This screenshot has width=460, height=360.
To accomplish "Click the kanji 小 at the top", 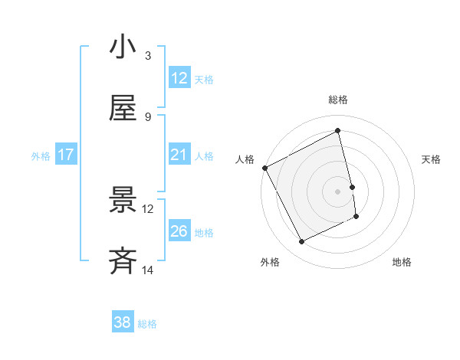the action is [x=123, y=47].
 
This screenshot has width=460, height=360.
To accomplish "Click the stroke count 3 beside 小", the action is [x=148, y=55].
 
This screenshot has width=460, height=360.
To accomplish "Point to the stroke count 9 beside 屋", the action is [x=148, y=116].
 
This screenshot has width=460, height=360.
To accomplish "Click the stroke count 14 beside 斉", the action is [x=148, y=270].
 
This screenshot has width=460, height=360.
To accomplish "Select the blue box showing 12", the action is [x=179, y=78].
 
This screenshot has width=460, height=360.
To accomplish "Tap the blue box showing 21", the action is [x=179, y=155].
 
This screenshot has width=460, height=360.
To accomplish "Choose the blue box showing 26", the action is [x=179, y=231].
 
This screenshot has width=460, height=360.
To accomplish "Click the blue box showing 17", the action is [x=66, y=155].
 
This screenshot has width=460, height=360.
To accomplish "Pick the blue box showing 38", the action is [x=122, y=322].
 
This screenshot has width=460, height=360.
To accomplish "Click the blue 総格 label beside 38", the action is [x=147, y=324].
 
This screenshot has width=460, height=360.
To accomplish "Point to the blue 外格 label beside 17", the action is [x=41, y=156].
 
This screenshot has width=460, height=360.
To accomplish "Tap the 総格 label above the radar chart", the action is [x=338, y=100].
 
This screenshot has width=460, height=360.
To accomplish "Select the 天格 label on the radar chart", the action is [x=431, y=159].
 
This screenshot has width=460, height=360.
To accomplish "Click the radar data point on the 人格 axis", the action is [x=264, y=168].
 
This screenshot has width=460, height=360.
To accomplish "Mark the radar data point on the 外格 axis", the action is [x=301, y=242].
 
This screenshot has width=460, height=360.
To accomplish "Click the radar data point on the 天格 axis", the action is [x=352, y=187].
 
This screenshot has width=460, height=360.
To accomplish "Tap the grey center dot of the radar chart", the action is [x=338, y=191].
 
